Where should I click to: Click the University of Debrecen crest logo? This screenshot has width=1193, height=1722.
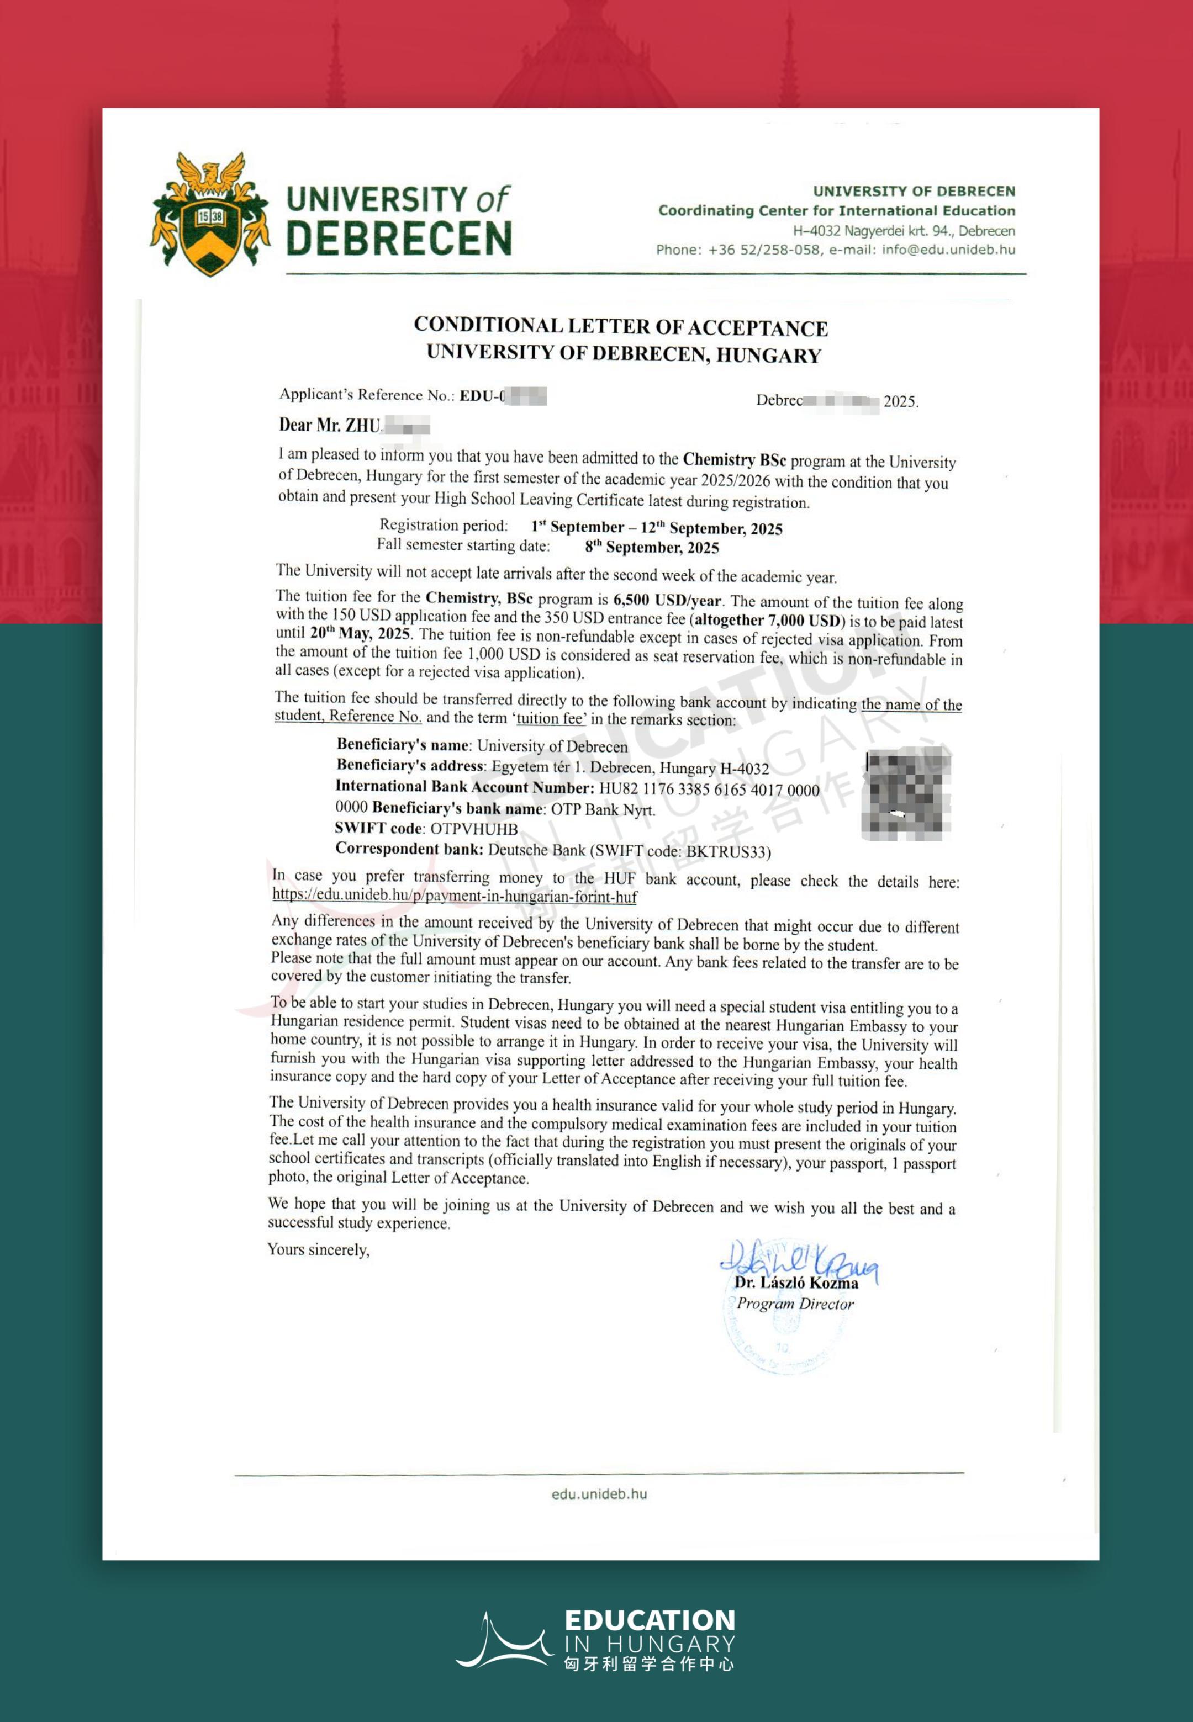click(x=210, y=214)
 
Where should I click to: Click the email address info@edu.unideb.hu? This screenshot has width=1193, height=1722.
click(x=948, y=250)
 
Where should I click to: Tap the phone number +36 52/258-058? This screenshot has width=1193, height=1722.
click(x=763, y=250)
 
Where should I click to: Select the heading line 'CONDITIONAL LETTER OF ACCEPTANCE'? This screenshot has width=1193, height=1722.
click(x=620, y=326)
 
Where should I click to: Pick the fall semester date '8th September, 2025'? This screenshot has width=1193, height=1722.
click(x=651, y=547)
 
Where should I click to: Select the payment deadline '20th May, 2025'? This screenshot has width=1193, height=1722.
click(x=360, y=633)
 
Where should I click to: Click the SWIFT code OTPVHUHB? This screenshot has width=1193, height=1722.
click(x=474, y=829)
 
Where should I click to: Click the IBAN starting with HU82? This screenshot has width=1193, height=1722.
click(x=709, y=790)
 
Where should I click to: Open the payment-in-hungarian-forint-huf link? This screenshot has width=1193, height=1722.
click(x=455, y=896)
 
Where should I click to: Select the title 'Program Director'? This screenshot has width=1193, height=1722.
click(x=795, y=1304)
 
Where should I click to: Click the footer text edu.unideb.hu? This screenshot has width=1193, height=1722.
click(x=599, y=1493)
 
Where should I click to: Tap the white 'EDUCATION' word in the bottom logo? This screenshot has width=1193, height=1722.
click(x=650, y=1620)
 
